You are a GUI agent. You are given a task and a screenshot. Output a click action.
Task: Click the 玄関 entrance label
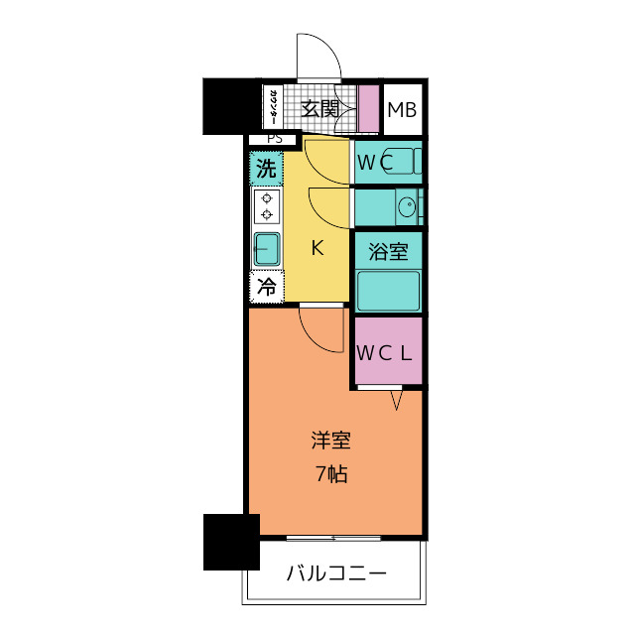(x=319, y=109)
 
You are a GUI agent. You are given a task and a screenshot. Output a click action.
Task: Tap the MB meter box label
(x=402, y=109)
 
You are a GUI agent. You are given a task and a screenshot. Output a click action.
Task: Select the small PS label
(x=274, y=139)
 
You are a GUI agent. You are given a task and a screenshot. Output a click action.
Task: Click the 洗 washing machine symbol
(x=265, y=168)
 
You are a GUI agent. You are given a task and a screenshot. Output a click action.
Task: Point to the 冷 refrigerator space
(x=266, y=288)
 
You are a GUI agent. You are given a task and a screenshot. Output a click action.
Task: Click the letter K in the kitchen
(x=317, y=248)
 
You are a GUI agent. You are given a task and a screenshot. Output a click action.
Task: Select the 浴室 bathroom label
(x=388, y=251)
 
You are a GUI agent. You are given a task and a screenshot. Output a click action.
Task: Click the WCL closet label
(x=388, y=351)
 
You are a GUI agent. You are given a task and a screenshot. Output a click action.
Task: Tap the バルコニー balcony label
(x=336, y=572)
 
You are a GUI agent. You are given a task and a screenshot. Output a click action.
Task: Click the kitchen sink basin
(x=266, y=249)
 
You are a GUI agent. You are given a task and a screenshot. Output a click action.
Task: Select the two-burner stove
(x=266, y=206)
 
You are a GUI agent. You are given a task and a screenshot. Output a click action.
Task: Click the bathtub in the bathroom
(x=388, y=291)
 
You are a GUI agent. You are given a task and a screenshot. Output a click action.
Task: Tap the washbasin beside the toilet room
(x=406, y=207)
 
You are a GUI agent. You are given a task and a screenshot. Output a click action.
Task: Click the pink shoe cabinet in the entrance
(x=368, y=110)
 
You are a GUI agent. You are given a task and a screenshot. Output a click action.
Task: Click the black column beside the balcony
(x=230, y=542)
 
